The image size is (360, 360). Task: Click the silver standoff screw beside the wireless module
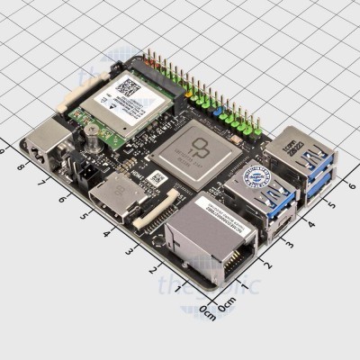91,135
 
